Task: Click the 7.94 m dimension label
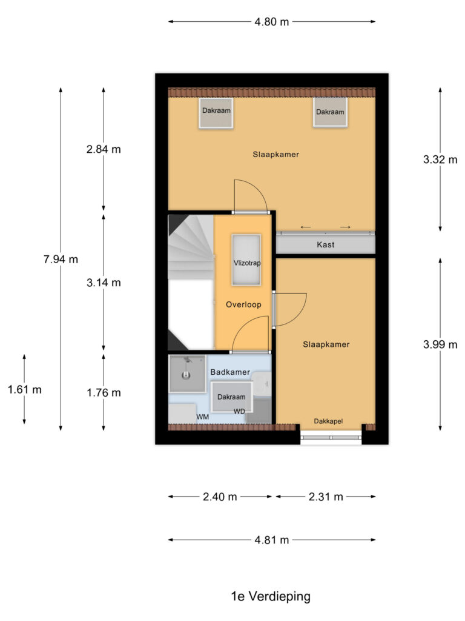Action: click(61, 260)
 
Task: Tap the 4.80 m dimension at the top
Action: click(272, 22)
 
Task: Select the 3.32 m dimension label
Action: click(440, 160)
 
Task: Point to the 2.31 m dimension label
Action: click(326, 497)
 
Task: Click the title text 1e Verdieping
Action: click(271, 596)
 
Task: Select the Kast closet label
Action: click(326, 245)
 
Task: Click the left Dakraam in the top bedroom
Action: click(216, 112)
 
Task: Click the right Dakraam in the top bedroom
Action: click(330, 112)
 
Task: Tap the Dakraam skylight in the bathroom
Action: click(231, 397)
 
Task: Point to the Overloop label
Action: click(243, 304)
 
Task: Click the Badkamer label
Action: click(230, 371)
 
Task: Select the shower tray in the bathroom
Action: click(187, 374)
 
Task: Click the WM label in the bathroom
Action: click(202, 417)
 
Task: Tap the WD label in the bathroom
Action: click(239, 412)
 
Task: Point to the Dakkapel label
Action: click(329, 421)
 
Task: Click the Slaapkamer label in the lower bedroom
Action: click(326, 344)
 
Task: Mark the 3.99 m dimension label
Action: click(440, 344)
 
